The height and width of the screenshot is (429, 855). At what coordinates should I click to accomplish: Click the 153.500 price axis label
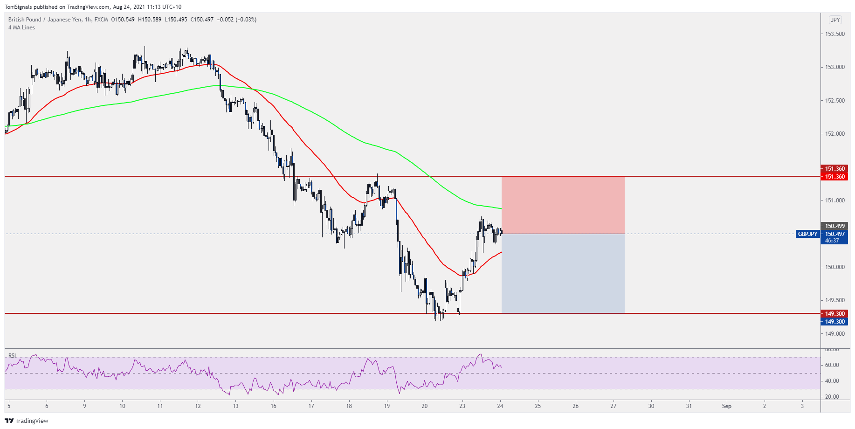834,34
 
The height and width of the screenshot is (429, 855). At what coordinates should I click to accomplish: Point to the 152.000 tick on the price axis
834,134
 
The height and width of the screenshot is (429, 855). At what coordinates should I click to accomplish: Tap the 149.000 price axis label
834,334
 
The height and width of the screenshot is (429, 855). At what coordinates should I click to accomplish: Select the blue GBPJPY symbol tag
807,234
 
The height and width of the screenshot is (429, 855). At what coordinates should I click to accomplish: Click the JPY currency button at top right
835,20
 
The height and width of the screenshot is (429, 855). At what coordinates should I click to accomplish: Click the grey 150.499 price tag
834,226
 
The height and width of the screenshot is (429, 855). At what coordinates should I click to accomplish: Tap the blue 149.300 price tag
834,322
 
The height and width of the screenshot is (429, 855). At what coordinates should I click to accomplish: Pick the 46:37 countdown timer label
832,241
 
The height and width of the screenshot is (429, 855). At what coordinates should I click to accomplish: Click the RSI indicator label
12,356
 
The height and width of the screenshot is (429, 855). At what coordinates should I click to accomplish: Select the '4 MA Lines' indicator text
21,28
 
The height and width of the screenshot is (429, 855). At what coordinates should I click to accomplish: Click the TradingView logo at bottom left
27,421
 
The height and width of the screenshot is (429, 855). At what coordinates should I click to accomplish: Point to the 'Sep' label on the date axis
726,406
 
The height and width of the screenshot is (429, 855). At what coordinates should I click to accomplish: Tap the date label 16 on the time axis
273,406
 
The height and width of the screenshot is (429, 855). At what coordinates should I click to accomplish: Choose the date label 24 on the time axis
500,406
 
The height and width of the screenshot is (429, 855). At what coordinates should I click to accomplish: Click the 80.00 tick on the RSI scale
832,349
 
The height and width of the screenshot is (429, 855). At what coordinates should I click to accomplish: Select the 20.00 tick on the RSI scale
832,397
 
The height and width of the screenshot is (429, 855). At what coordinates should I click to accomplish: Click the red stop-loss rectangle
563,205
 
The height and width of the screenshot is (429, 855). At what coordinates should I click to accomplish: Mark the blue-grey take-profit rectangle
563,273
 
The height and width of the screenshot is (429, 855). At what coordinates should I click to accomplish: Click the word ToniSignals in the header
18,7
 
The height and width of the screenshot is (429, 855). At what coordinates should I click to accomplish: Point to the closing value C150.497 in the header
202,20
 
